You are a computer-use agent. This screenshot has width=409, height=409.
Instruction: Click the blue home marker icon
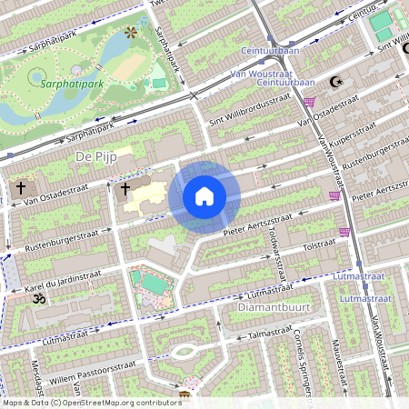coord(204,196)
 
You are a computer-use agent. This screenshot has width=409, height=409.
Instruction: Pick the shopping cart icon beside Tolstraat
coord(344,232)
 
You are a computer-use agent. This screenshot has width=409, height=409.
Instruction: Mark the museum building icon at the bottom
coord(185,394)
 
